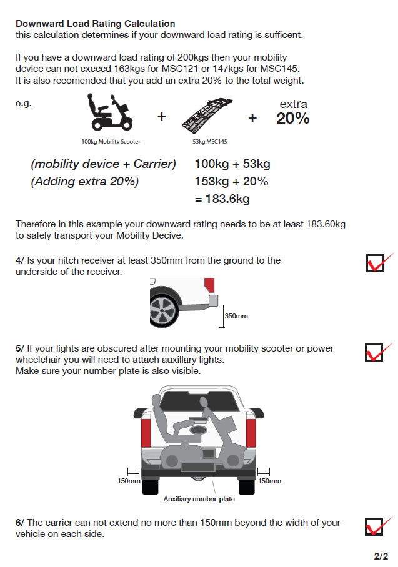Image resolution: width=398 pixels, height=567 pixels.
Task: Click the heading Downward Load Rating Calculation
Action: (x=95, y=24)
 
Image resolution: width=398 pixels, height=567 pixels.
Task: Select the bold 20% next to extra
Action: (x=292, y=119)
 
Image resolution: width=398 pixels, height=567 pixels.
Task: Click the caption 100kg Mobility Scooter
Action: (x=111, y=142)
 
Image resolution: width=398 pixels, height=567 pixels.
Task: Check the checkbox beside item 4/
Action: (x=375, y=263)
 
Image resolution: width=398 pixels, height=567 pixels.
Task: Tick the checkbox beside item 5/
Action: (x=374, y=352)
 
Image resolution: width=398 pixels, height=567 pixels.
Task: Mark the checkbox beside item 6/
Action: (x=374, y=526)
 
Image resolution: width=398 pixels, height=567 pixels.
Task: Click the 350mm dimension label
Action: (x=236, y=316)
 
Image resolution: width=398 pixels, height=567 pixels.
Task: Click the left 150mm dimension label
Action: (x=129, y=481)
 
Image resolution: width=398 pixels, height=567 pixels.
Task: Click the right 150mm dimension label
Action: (x=269, y=481)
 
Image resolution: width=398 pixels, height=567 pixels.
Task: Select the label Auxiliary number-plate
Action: (x=199, y=499)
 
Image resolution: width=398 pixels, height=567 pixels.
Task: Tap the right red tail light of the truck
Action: (x=251, y=435)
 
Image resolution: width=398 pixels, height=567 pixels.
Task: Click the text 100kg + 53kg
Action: (x=232, y=164)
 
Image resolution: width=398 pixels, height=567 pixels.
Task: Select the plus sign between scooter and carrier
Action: (x=161, y=116)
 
